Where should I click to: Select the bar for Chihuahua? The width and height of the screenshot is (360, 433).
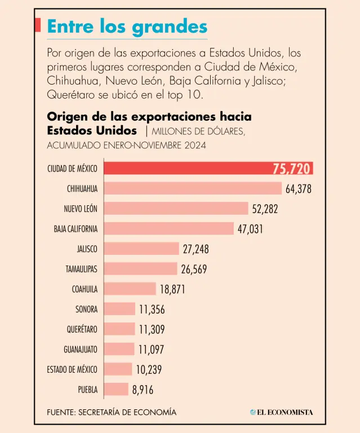coord(193,188)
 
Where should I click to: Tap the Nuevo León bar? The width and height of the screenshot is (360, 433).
coord(176,209)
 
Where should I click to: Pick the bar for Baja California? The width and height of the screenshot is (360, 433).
coord(169,228)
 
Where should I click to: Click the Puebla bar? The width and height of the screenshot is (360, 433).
coord(117,389)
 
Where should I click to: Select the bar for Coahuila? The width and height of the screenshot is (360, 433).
coord(130,289)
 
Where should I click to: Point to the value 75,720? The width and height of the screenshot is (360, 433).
coord(292,169)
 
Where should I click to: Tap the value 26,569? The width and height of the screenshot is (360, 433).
coord(194,269)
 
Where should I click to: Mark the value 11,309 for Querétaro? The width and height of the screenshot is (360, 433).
coord(152,329)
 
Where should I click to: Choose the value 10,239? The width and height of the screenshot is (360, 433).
coord(149,369)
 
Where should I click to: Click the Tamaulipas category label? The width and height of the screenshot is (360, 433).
coord(81,269)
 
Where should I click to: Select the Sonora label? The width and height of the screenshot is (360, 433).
coord(86,309)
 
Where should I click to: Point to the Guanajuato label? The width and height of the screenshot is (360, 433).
coord(81,349)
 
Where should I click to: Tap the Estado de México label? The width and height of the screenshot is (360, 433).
coord(72,369)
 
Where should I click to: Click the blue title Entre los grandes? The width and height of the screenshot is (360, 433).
coord(127,26)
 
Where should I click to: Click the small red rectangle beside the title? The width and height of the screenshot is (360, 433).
coord(38,25)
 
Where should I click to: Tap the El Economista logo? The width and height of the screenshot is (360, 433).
coord(281,412)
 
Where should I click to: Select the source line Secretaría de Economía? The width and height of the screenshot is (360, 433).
coord(112,412)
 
